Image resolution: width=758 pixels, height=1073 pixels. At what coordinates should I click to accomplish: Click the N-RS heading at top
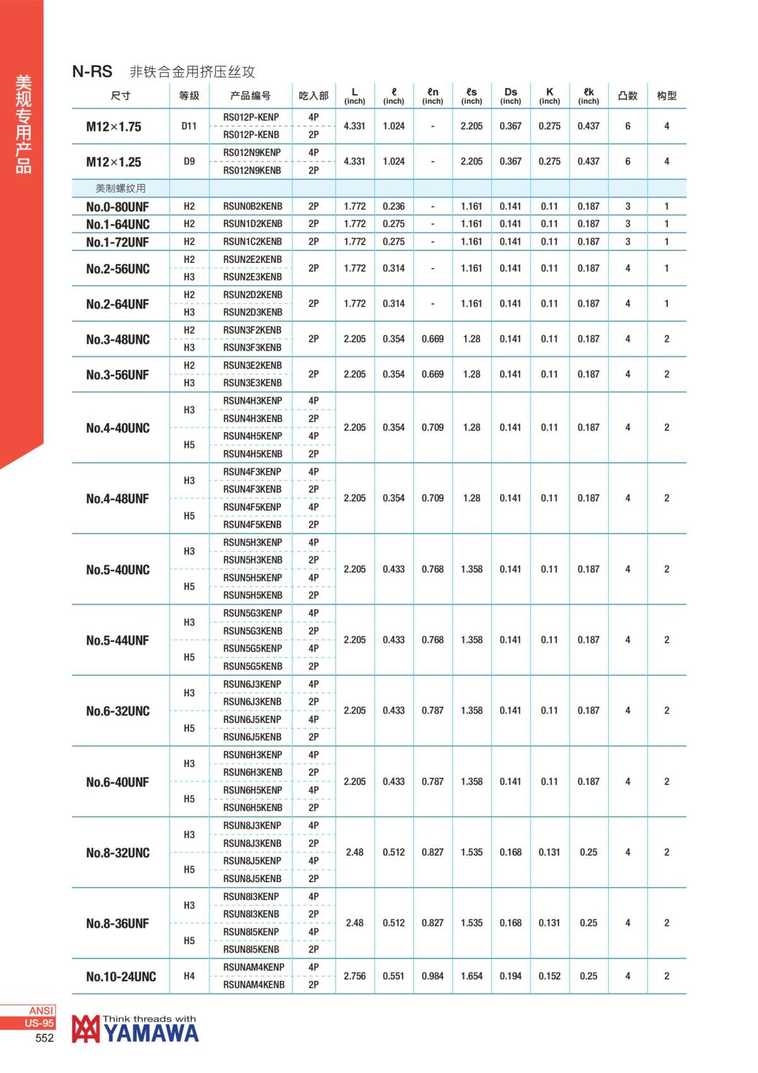pyautogui.click(x=92, y=71)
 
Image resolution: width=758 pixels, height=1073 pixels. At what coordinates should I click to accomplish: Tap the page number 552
pyautogui.click(x=44, y=1038)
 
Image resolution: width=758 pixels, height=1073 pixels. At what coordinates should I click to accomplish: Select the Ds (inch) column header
pyautogui.click(x=510, y=95)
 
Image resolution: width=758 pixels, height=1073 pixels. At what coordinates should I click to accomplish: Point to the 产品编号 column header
pyautogui.click(x=250, y=95)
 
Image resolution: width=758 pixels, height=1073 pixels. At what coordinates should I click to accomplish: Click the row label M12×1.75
pyautogui.click(x=114, y=126)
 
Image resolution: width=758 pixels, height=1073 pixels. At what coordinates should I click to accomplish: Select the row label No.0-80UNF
pyautogui.click(x=117, y=206)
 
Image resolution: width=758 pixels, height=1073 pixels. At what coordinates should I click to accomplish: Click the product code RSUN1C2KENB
pyautogui.click(x=252, y=241)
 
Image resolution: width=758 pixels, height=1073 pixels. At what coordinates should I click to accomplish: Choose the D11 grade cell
pyautogui.click(x=189, y=126)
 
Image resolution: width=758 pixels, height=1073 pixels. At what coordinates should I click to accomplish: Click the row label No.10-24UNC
pyautogui.click(x=121, y=976)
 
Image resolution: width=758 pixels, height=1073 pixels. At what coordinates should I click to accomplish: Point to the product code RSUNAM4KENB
pyautogui.click(x=253, y=985)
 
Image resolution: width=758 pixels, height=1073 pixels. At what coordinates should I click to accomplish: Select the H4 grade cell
pyautogui.click(x=189, y=976)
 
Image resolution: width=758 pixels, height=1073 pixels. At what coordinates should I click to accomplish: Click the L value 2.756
pyautogui.click(x=354, y=976)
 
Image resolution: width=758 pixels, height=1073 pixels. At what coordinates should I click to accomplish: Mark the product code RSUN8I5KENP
pyautogui.click(x=251, y=931)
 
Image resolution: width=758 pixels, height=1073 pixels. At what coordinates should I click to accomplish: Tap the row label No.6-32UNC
pyautogui.click(x=117, y=711)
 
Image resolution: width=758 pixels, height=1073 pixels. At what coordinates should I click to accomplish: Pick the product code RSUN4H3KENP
pyautogui.click(x=252, y=401)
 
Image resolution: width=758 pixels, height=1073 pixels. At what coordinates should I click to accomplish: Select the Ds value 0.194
pyautogui.click(x=510, y=976)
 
